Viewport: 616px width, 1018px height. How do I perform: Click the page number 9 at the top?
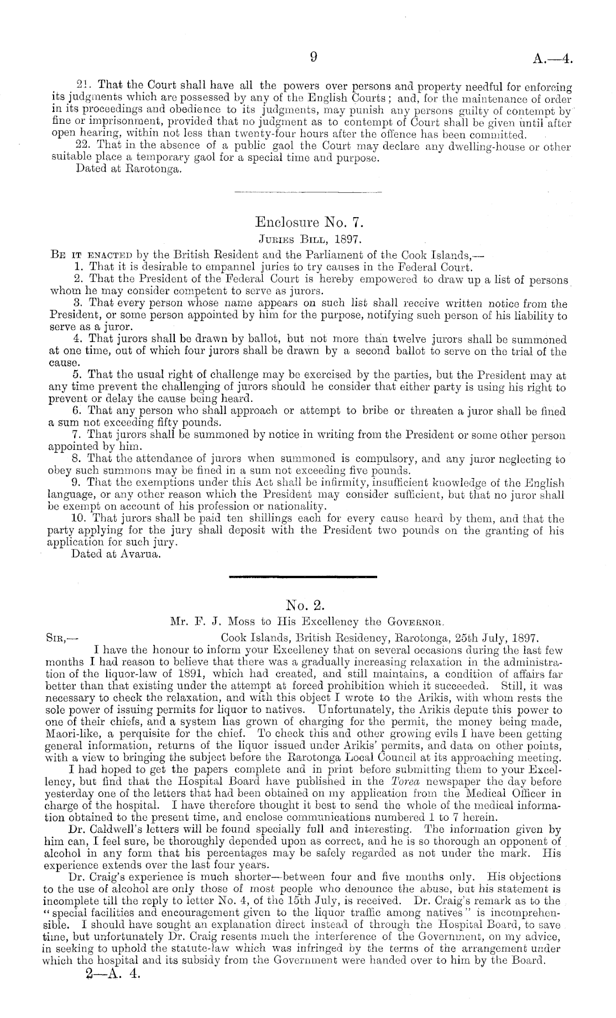(x=313, y=57)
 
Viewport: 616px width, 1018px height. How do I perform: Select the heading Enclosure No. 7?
(x=308, y=223)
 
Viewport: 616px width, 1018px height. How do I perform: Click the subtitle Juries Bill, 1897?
(x=309, y=240)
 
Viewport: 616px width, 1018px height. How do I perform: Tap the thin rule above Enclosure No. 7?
(x=308, y=192)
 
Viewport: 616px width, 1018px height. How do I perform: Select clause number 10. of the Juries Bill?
(x=80, y=520)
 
